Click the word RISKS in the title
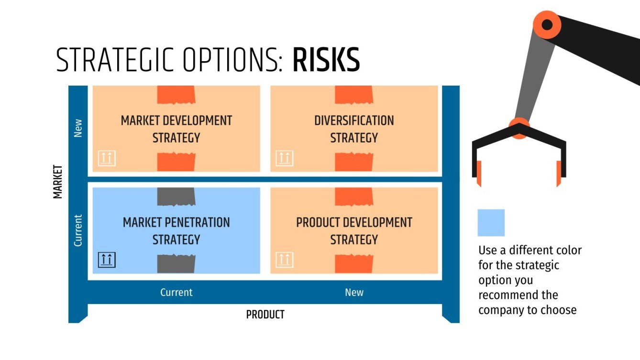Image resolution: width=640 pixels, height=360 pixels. point(326,61)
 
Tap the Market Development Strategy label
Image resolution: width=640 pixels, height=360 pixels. point(176,129)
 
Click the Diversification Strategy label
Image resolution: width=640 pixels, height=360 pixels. point(354,129)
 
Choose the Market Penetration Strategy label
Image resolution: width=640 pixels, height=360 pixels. point(176,231)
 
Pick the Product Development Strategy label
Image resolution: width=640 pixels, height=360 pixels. point(354,231)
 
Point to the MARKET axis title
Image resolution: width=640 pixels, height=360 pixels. point(58,182)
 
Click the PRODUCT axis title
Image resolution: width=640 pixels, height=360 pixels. point(265,315)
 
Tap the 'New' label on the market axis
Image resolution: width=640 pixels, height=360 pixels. point(78,128)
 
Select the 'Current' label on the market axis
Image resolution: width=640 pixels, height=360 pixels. point(78,230)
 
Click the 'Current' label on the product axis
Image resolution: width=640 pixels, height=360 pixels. point(176,292)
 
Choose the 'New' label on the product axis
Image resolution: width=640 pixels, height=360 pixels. point(354,292)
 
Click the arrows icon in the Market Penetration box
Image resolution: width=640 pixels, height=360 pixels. point(107,260)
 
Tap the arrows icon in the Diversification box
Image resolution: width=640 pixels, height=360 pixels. point(285,158)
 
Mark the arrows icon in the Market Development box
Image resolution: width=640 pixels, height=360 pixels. point(107,158)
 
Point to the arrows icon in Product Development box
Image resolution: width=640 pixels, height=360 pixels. point(285,260)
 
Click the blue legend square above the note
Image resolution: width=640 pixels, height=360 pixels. point(491,223)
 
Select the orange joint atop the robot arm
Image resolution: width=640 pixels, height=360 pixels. point(547,24)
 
